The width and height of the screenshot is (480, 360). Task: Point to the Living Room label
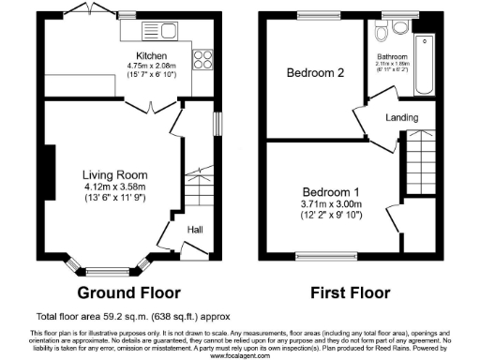(114, 174)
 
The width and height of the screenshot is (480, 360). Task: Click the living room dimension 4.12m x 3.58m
(114, 186)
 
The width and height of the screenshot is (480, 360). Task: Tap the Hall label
(196, 230)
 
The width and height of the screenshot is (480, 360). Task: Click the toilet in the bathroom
(381, 34)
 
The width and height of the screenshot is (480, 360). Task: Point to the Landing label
(401, 117)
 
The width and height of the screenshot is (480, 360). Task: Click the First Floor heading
(349, 292)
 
